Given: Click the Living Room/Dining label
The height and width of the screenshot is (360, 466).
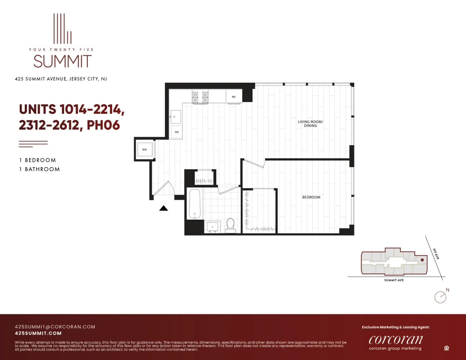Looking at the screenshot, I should (x=310, y=123).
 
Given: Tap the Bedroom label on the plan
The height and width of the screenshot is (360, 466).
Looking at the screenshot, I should (x=311, y=197).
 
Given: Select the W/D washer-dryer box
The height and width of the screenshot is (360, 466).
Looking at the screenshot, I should (x=144, y=149).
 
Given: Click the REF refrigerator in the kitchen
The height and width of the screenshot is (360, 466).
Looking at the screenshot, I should (x=234, y=96).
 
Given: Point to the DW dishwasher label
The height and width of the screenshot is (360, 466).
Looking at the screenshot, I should (x=176, y=132).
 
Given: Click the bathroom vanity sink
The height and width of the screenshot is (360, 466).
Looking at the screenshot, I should (x=212, y=227).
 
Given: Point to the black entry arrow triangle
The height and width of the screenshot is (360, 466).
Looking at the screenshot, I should (x=163, y=208).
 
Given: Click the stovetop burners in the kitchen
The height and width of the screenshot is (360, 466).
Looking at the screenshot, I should (x=200, y=97).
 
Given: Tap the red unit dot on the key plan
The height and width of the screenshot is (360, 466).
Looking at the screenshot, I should (x=422, y=260).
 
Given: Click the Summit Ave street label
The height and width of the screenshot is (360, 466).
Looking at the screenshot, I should (x=394, y=280).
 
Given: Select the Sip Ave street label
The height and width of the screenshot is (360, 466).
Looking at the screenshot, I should (x=436, y=254).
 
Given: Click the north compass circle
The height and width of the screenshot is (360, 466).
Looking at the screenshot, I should (x=440, y=297).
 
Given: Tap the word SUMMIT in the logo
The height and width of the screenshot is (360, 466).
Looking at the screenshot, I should (x=63, y=62).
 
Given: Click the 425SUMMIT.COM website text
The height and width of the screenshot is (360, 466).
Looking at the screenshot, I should (x=38, y=333).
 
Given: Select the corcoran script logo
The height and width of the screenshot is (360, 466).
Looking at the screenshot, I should (x=395, y=340).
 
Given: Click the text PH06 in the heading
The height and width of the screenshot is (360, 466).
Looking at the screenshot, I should (x=103, y=125).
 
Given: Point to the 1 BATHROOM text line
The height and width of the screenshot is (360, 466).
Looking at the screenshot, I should (x=40, y=169).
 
